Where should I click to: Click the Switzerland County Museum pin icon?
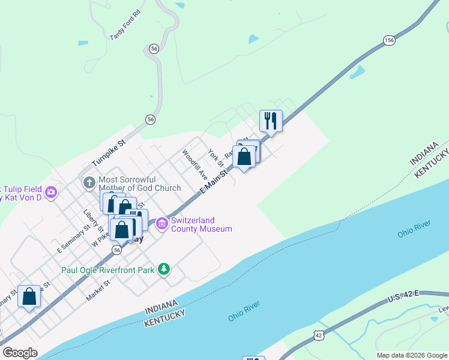point(161,224)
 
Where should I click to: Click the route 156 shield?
point(389,40)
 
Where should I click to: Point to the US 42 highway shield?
point(318,335)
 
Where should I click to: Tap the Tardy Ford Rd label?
point(125,25)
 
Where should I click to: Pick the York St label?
point(215,158)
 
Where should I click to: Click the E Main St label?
point(214,180)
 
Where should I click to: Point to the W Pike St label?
point(102,237)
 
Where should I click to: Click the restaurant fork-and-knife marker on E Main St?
point(271,121)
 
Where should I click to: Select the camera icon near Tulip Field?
point(50,192)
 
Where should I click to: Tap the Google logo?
point(20,353)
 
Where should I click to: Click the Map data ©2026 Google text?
point(412,355)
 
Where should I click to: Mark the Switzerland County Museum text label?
point(201,224)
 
